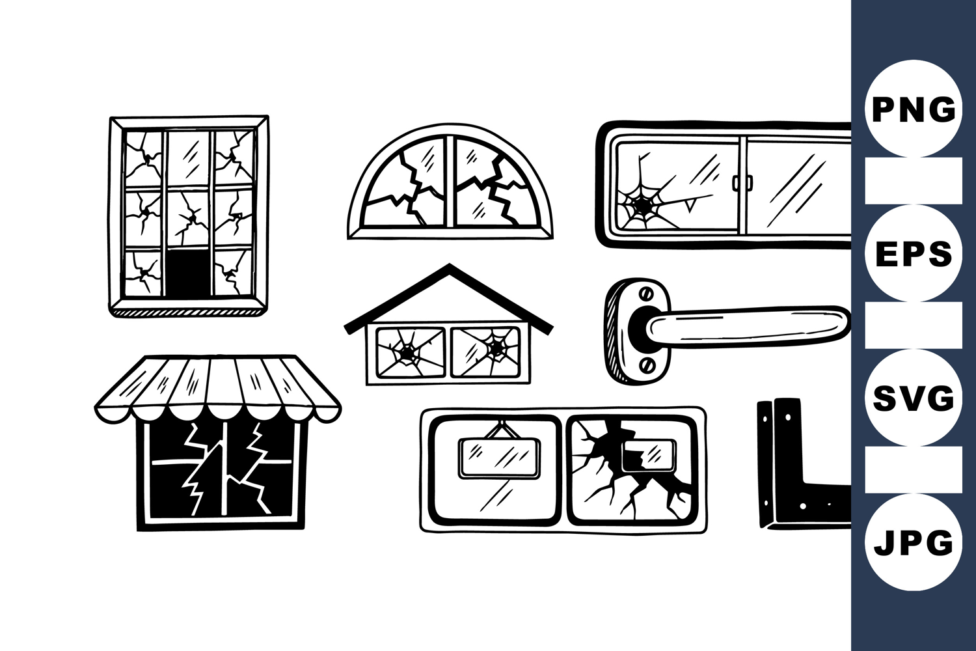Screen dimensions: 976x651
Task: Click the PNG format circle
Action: tap(914, 109)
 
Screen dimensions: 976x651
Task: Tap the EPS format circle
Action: tap(914, 253)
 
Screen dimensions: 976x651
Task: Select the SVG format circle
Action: tap(914, 398)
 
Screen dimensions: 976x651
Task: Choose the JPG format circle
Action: tap(914, 542)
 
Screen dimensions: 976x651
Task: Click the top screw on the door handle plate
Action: tap(646, 295)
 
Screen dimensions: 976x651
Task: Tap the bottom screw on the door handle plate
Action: tap(648, 365)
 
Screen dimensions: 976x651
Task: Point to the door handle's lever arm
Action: tap(747, 324)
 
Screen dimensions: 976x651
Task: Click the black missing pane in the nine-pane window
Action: tap(188, 273)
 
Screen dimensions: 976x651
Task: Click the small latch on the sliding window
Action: tap(742, 183)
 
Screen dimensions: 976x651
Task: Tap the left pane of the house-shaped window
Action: tap(411, 352)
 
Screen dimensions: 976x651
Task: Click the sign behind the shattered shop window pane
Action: tap(649, 456)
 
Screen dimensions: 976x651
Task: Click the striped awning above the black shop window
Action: tap(218, 389)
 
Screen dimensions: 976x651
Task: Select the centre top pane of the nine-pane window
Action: tap(189, 159)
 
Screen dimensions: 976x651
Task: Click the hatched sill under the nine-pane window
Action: tap(188, 312)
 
